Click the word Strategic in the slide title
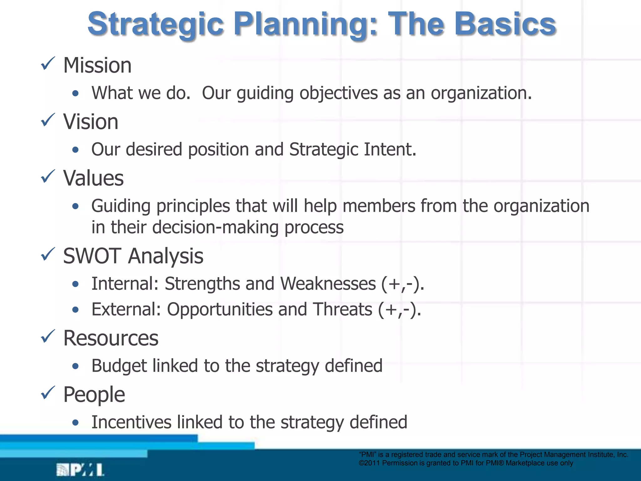[156, 24]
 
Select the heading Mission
[97, 65]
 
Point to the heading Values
[93, 178]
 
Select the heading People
[94, 395]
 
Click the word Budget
[119, 366]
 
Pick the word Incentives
[131, 422]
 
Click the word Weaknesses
[328, 284]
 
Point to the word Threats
[342, 309]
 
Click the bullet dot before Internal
[75, 284]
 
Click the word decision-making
[215, 227]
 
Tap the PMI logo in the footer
[80, 470]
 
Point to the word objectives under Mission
[338, 93]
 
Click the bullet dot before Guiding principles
[75, 206]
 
